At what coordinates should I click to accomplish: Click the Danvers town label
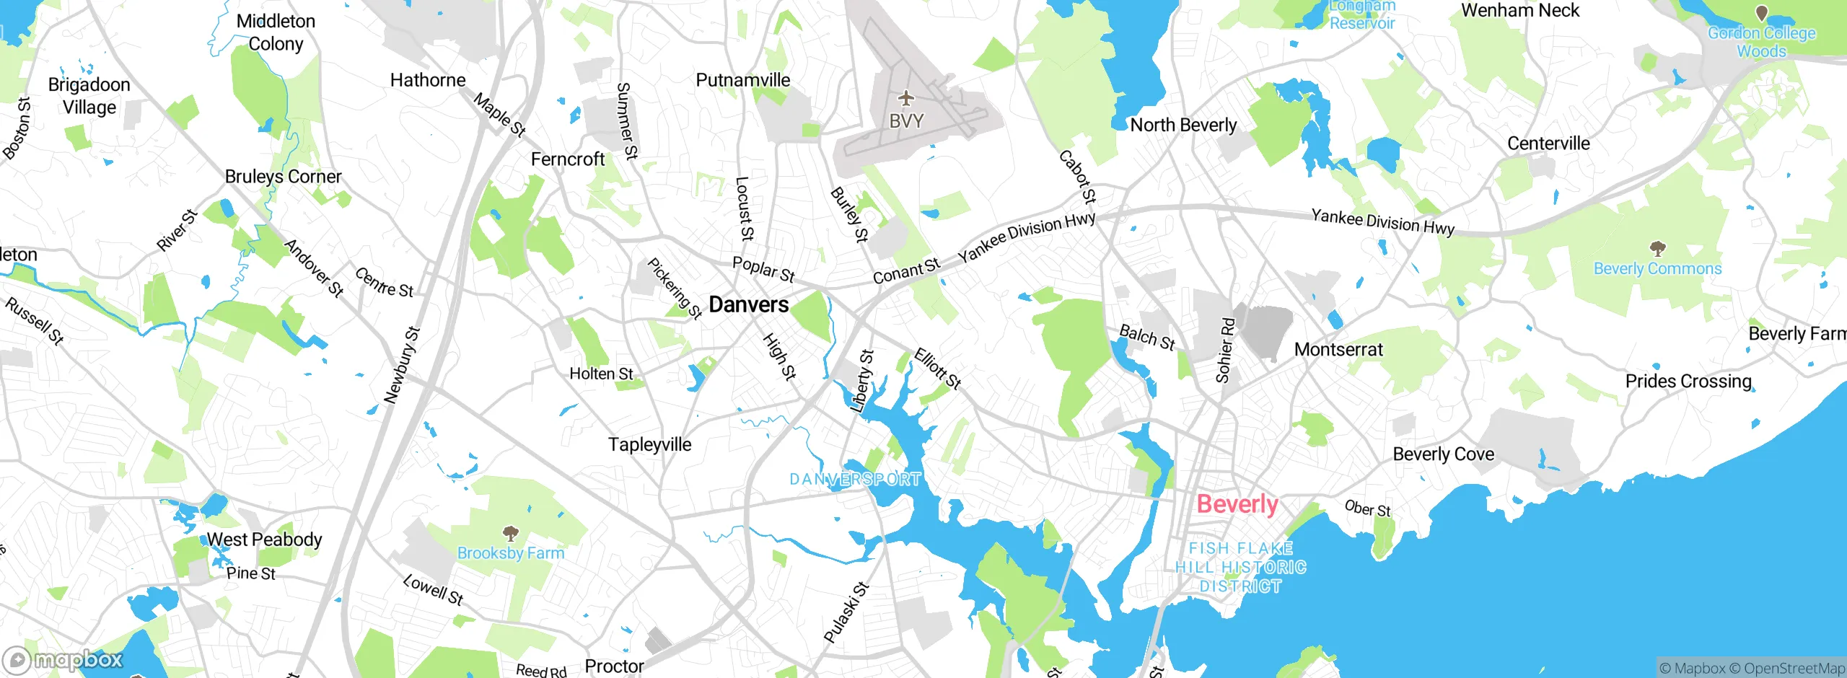(x=748, y=304)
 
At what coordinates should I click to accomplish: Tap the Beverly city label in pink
(x=1237, y=503)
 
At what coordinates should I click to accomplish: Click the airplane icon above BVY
(x=906, y=97)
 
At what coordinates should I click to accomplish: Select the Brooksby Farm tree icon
(x=511, y=534)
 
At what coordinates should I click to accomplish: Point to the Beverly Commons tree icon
(x=1657, y=249)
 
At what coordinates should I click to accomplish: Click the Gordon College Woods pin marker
(x=1761, y=13)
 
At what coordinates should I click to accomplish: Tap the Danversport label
(x=855, y=480)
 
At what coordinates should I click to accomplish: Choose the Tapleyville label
(x=649, y=444)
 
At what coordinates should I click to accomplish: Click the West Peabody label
(x=264, y=540)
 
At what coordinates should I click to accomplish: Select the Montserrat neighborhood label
(x=1338, y=350)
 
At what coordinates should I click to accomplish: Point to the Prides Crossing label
(x=1688, y=381)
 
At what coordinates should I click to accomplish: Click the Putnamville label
(x=742, y=80)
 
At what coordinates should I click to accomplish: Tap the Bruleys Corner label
(x=283, y=177)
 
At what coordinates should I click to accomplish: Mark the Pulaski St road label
(x=846, y=612)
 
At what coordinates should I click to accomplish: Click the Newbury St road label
(x=402, y=365)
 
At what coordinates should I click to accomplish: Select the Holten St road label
(x=601, y=374)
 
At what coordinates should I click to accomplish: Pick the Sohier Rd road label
(x=1224, y=350)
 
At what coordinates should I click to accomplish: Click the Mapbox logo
(x=63, y=659)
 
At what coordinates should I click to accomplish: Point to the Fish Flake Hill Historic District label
(x=1241, y=568)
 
